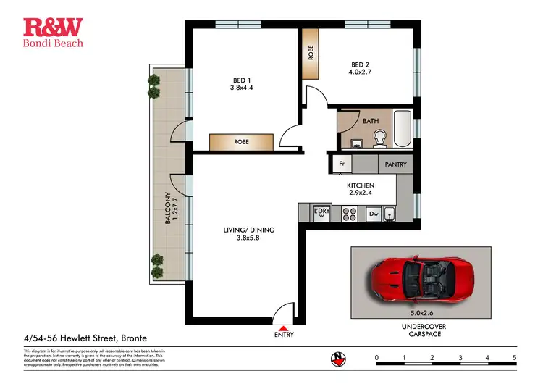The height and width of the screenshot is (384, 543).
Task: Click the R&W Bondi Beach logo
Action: pyautogui.click(x=54, y=32)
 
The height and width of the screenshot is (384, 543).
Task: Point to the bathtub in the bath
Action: pyautogui.click(x=403, y=129)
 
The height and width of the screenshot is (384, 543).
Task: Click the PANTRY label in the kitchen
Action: pyautogui.click(x=395, y=164)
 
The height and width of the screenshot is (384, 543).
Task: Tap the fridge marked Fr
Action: pyautogui.click(x=342, y=164)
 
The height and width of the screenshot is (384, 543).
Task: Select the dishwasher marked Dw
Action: pyautogui.click(x=374, y=214)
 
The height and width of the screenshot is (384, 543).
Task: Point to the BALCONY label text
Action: pyautogui.click(x=167, y=208)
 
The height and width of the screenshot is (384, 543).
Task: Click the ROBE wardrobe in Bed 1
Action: pyautogui.click(x=241, y=142)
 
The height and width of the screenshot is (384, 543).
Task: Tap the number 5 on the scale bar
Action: pyautogui.click(x=514, y=358)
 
